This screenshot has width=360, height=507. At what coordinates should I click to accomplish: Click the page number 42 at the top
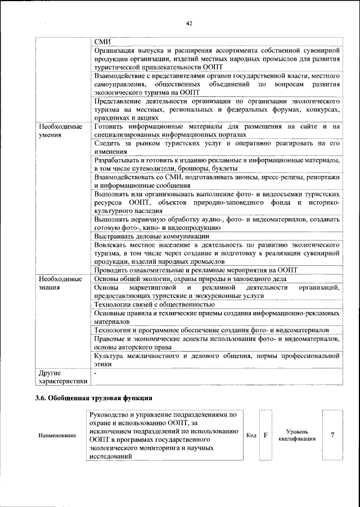point(189,23)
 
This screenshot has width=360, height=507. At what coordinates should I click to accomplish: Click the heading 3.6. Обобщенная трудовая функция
point(93,399)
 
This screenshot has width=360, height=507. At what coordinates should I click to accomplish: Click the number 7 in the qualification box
point(332,435)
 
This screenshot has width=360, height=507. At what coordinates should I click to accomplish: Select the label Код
point(251,436)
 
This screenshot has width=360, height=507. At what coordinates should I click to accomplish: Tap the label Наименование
point(58,436)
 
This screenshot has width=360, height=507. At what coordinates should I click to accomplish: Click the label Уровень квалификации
point(296,435)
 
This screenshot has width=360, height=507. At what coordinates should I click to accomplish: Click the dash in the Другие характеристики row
point(96,373)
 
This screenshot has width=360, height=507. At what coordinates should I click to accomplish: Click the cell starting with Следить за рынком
point(217,148)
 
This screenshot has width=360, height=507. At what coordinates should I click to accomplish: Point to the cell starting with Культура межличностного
point(217,359)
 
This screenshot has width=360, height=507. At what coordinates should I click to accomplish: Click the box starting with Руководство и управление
point(166,436)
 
